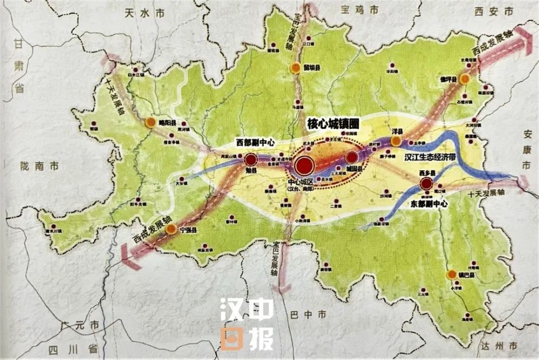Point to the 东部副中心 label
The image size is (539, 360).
(429, 204)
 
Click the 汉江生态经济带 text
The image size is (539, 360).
(436, 157)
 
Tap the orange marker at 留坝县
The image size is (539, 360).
(295, 68)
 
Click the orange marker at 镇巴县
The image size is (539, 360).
(452, 275)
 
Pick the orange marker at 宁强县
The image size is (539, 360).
(171, 229)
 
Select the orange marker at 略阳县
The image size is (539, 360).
(150, 122)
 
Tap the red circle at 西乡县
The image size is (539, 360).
(426, 184)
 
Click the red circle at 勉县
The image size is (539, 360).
(251, 160)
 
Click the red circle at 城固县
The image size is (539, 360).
(351, 157)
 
